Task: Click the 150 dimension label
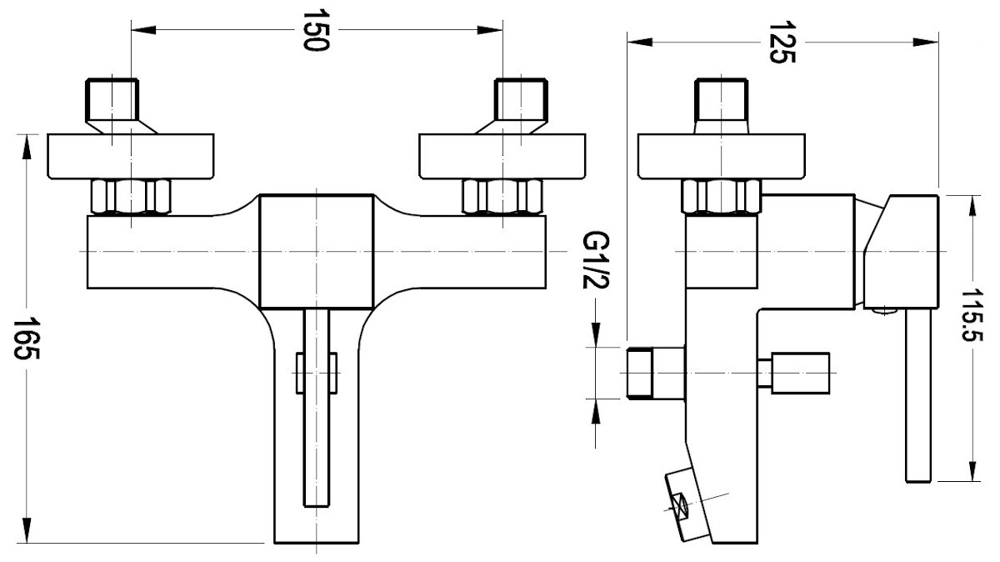[x=316, y=30]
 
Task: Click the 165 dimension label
[x=27, y=339]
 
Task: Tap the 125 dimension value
[x=782, y=42]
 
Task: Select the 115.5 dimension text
[x=972, y=315]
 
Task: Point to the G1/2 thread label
[x=596, y=259]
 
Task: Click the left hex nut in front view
[x=130, y=197]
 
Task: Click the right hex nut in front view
[x=502, y=197]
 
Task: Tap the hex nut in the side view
[x=722, y=197]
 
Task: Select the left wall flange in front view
[x=130, y=157]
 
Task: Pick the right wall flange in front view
[x=502, y=157]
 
